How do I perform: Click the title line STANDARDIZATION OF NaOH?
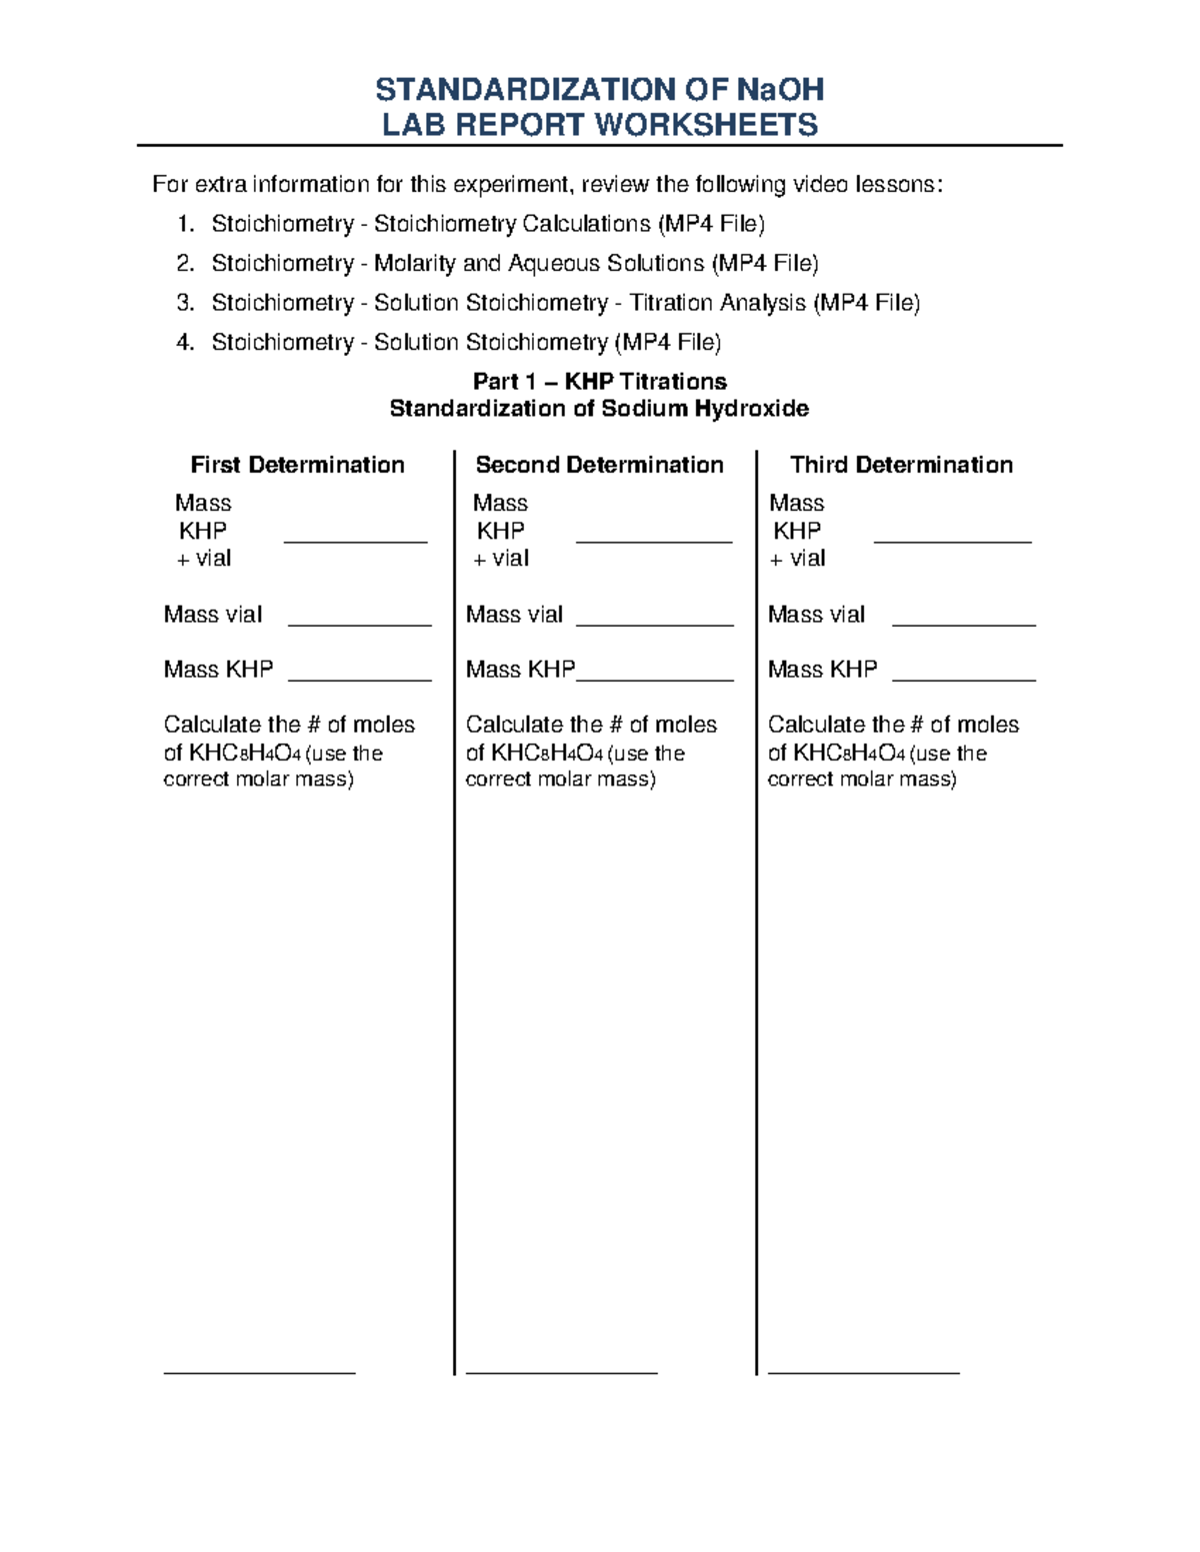(x=599, y=90)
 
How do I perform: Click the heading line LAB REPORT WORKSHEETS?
(x=600, y=125)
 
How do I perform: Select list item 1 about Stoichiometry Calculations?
(x=488, y=224)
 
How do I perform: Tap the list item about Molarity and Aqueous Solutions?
(x=514, y=264)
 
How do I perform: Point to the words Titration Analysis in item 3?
(x=717, y=303)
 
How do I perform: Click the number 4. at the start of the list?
(x=185, y=343)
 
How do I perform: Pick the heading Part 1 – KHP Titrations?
(x=599, y=382)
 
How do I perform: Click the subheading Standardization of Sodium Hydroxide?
(x=599, y=409)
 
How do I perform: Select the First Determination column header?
(x=297, y=465)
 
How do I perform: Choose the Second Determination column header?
(x=599, y=465)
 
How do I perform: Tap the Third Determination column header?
(x=901, y=465)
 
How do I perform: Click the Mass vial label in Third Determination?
(x=816, y=615)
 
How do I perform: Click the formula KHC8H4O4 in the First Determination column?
(x=244, y=754)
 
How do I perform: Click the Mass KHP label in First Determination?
(x=218, y=670)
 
